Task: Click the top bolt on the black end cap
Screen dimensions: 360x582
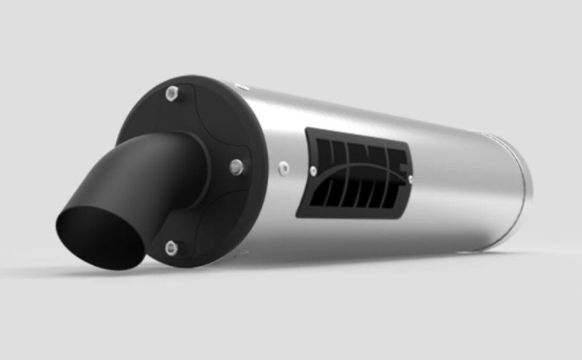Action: tap(172, 91)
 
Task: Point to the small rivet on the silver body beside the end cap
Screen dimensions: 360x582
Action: tap(284, 168)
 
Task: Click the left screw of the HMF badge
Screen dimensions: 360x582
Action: tap(314, 170)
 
